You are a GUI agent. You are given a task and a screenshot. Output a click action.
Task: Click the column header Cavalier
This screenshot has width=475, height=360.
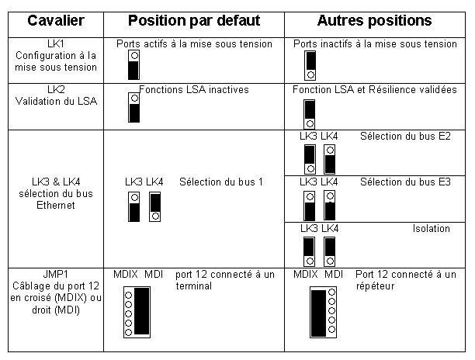[56, 21]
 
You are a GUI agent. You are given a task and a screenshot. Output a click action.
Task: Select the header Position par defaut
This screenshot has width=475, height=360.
[194, 21]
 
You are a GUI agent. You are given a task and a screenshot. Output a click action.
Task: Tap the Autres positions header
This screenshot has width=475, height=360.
[374, 21]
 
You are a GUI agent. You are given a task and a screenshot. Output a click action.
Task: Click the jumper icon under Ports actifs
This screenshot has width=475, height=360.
[134, 65]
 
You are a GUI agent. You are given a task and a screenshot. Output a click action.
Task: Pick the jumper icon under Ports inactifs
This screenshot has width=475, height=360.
[310, 65]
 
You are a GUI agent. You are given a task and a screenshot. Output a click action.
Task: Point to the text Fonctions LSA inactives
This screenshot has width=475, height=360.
[194, 90]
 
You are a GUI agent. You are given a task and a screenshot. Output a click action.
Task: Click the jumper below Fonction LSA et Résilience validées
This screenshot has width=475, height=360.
[310, 115]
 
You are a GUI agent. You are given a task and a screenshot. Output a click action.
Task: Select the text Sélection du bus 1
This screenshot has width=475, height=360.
[221, 182]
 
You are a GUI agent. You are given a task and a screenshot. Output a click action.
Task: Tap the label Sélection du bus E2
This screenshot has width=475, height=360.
[405, 137]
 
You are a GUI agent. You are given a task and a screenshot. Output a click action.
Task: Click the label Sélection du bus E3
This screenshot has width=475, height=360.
[405, 182]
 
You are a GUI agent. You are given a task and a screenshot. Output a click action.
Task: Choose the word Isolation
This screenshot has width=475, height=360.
[431, 228]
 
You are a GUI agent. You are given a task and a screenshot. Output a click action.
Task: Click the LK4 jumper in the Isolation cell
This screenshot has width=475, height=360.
[330, 252]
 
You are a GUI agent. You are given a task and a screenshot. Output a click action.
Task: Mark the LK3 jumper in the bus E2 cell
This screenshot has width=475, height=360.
[310, 159]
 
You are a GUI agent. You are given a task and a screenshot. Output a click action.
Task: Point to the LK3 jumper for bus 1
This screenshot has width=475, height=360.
[134, 207]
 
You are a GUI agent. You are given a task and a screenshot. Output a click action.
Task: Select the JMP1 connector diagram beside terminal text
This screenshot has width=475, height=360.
[137, 312]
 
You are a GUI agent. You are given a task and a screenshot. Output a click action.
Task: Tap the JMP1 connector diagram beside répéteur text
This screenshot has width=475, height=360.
[323, 312]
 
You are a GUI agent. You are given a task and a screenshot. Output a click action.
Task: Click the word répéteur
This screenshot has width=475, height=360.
[375, 286]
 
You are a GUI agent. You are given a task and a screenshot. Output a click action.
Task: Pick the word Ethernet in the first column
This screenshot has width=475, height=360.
[56, 206]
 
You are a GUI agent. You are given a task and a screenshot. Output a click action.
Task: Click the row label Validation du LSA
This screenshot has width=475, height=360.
[56, 101]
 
